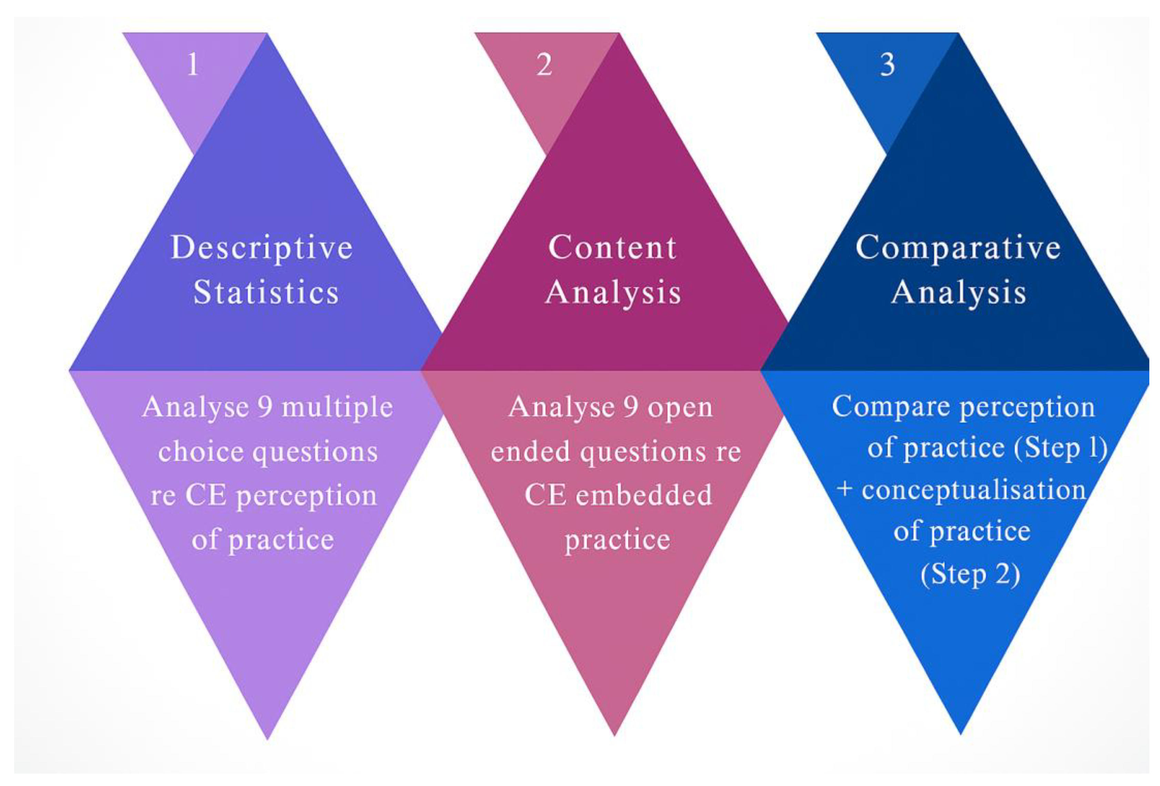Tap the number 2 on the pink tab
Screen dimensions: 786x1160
click(545, 65)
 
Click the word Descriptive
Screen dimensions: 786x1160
click(262, 248)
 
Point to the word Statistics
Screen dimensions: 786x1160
click(266, 292)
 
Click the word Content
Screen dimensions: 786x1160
click(612, 248)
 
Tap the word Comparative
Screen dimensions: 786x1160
click(959, 248)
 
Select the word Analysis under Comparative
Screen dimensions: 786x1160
click(959, 292)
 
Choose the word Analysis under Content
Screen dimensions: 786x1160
click(613, 292)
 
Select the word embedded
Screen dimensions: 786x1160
click(644, 496)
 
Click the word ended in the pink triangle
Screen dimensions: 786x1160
click(531, 452)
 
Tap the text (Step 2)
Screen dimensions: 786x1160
click(970, 575)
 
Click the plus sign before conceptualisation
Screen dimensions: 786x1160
click(845, 489)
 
